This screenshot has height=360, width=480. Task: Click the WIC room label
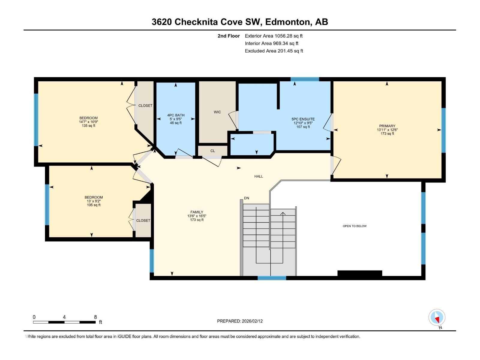click(217, 112)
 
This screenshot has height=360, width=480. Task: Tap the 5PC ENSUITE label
click(303, 119)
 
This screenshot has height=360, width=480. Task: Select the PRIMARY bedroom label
click(387, 126)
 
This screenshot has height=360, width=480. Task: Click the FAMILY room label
click(197, 212)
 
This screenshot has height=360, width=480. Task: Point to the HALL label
click(259, 176)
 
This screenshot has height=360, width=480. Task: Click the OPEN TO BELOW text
click(355, 226)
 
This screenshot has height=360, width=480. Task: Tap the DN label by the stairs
click(247, 198)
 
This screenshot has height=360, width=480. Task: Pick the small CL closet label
click(213, 151)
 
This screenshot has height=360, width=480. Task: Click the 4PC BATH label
click(176, 115)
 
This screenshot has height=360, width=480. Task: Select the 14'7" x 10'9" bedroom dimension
click(88, 122)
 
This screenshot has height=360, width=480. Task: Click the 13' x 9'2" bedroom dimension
click(94, 201)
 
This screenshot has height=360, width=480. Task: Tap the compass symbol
click(437, 317)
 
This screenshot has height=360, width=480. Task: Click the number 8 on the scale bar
click(95, 317)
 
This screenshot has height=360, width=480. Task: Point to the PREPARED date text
click(240, 321)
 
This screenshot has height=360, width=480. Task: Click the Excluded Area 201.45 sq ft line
click(274, 51)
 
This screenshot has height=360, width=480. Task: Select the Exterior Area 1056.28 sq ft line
click(274, 36)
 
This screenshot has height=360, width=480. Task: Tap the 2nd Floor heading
click(229, 36)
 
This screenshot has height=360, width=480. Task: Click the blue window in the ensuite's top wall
click(305, 79)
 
